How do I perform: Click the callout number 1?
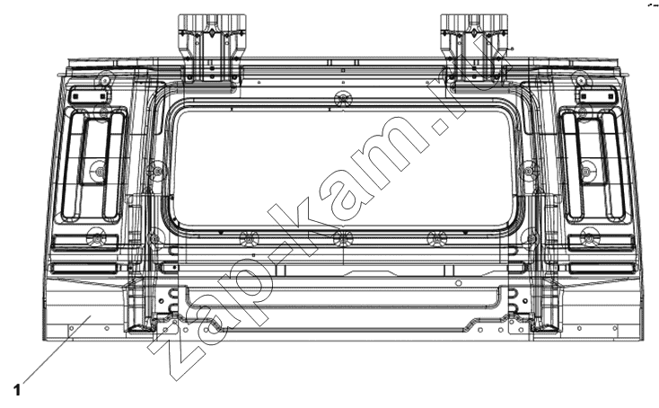17,390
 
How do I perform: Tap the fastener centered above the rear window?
343,99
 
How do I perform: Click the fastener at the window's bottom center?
343,239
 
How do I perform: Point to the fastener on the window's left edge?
157,171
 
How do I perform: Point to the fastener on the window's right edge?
529,171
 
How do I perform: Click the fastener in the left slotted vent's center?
100,171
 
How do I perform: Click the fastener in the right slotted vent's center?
586,171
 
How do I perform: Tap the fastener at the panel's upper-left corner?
104,80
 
